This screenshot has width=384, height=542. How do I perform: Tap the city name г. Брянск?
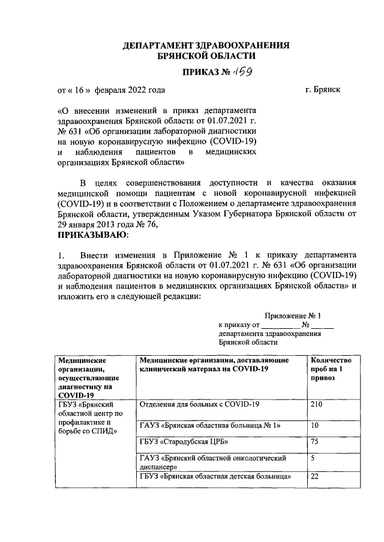coord(322,90)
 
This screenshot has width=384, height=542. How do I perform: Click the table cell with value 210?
coord(318,405)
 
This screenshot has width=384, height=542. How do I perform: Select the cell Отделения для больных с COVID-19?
coord(199,405)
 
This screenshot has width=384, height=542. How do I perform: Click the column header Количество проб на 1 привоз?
coord(330,369)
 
